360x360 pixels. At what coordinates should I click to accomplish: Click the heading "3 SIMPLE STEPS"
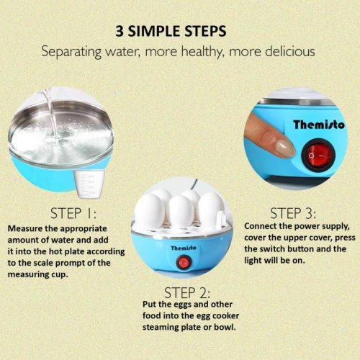pyautogui.click(x=171, y=31)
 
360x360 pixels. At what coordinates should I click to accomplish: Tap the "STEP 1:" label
pyautogui.click(x=73, y=213)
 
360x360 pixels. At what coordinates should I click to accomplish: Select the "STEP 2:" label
pyautogui.click(x=187, y=293)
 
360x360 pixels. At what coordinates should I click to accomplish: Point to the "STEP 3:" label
pyautogui.click(x=293, y=213)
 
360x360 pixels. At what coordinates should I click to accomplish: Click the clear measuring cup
pyautogui.click(x=89, y=184)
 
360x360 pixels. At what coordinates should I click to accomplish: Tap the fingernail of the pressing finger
pyautogui.click(x=284, y=148)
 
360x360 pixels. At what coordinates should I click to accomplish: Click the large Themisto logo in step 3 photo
pyautogui.click(x=319, y=125)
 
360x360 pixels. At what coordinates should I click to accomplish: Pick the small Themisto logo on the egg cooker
pyautogui.click(x=184, y=248)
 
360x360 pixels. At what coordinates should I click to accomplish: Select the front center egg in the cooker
pyautogui.click(x=180, y=211)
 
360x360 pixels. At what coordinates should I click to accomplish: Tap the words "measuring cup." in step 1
pyautogui.click(x=38, y=274)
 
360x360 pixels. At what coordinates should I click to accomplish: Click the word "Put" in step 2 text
pyautogui.click(x=149, y=305)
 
